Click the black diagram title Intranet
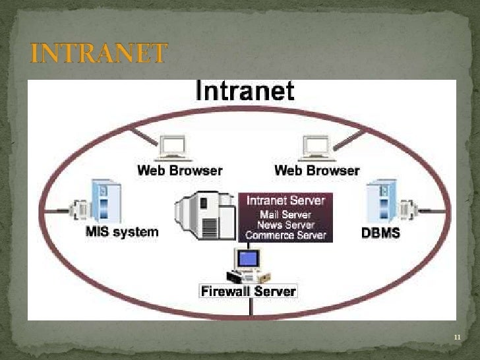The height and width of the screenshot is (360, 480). (245, 91)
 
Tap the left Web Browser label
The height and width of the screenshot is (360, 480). (179, 170)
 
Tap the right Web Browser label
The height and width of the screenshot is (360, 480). (316, 170)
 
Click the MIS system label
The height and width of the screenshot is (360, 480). (122, 231)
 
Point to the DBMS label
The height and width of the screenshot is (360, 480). (381, 233)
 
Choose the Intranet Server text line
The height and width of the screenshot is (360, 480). (285, 200)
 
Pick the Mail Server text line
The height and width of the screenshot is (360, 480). (285, 214)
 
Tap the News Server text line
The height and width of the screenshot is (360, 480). (285, 224)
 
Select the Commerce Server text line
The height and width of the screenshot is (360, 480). (285, 234)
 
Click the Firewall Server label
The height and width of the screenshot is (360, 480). (249, 291)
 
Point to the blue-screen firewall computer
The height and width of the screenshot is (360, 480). (249, 258)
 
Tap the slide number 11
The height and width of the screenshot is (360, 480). (456, 338)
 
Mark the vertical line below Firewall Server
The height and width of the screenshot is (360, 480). (249, 307)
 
